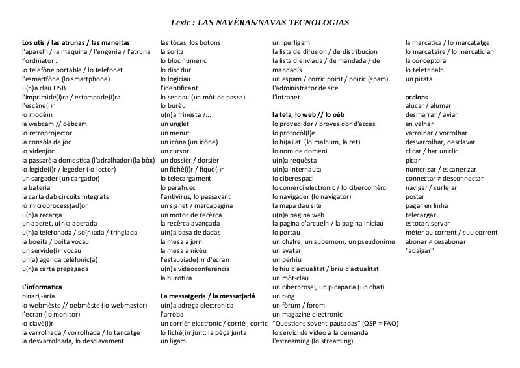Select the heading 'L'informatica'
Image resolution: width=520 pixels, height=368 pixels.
click(x=42, y=287)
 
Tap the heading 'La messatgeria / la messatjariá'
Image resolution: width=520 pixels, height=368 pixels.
click(x=207, y=296)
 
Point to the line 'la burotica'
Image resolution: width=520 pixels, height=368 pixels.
click(x=177, y=278)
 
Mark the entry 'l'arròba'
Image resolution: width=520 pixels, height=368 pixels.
click(x=173, y=314)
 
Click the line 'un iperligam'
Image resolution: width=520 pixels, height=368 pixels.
click(x=291, y=42)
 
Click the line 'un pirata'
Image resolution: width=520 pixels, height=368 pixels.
click(x=418, y=79)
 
